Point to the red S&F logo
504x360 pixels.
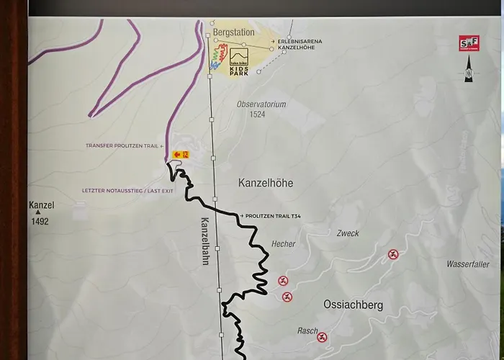point(469,44)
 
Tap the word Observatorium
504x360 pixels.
point(261,104)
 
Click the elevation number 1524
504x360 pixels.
point(257,114)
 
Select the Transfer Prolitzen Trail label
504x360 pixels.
point(124,145)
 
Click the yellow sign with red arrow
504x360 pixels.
point(180,155)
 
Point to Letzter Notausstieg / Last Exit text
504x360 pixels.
point(127,191)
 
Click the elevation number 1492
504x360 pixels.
point(40,222)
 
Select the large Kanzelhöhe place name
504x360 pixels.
point(266,184)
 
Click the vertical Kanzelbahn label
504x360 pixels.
point(204,242)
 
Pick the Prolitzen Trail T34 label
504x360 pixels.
point(274,216)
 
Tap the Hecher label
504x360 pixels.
point(284,244)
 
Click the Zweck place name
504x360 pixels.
point(347,233)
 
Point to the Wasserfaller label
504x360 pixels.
point(468,264)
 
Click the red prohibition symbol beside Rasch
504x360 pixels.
point(322,337)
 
